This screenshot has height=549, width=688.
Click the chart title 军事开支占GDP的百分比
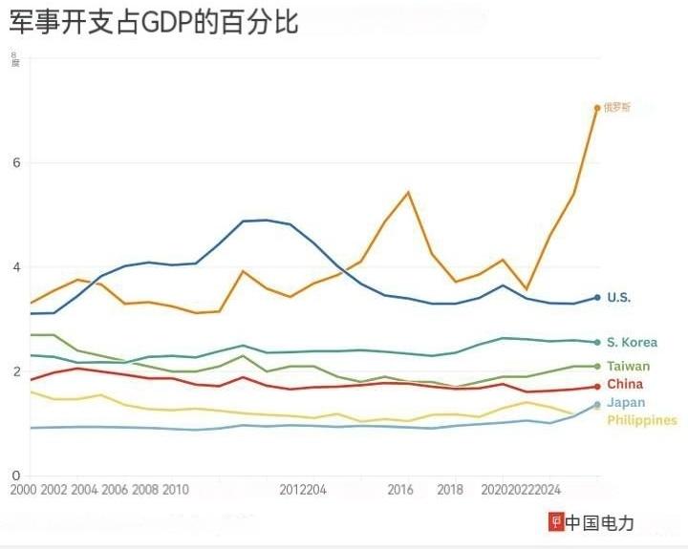[154, 22]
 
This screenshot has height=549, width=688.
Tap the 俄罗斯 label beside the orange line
[616, 108]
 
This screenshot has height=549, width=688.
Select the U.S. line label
[618, 298]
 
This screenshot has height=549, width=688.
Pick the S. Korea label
[632, 343]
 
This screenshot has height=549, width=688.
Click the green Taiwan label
[628, 367]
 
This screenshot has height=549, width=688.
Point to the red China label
[624, 385]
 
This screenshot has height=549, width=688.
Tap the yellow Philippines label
[641, 420]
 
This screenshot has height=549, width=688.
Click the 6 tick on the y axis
[16, 162]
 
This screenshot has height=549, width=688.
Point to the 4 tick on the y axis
[16, 267]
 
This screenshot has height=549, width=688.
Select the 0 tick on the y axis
[16, 475]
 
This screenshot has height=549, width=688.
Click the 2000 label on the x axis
[22, 491]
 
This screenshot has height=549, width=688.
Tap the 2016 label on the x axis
[400, 491]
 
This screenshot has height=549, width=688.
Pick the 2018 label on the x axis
[450, 491]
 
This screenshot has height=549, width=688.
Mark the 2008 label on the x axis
[144, 491]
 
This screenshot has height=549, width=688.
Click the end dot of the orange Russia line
[597, 108]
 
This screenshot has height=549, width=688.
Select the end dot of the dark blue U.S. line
[597, 298]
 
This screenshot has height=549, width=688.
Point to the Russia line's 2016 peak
[408, 193]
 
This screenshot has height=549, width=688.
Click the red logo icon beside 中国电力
[554, 522]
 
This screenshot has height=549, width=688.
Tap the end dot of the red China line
[597, 387]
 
